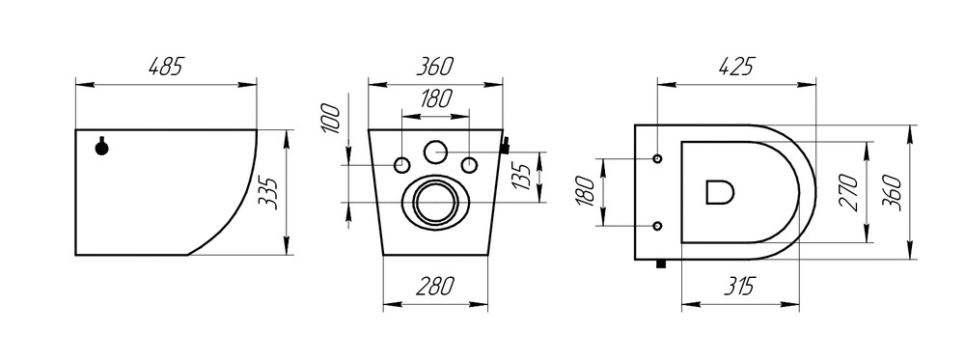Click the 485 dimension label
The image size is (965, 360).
point(166,66)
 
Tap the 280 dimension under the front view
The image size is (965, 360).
point(435,286)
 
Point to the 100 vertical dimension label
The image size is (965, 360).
point(330,119)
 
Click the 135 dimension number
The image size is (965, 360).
point(522,178)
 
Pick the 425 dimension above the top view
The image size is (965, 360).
point(736,66)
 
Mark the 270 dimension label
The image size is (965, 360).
point(848,193)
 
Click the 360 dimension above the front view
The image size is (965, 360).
point(435,66)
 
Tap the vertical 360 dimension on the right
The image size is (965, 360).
point(892,193)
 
